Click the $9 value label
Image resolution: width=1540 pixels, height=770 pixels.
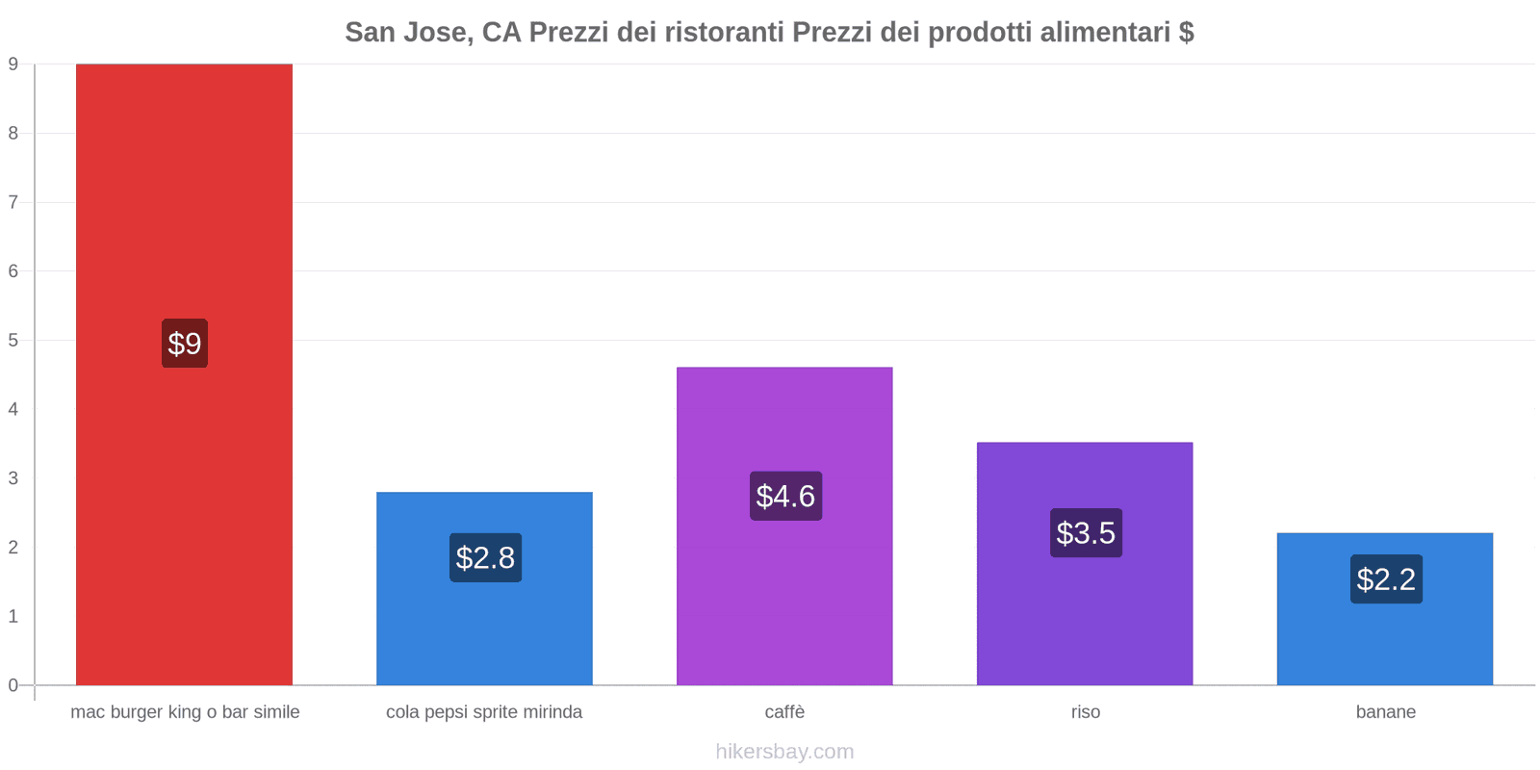click(x=185, y=344)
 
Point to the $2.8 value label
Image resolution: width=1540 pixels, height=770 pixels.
click(x=485, y=557)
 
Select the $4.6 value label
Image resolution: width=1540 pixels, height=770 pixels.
click(x=785, y=496)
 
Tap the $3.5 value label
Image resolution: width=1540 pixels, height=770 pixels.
click(x=1086, y=532)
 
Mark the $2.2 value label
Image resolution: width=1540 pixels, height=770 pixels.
click(x=1386, y=578)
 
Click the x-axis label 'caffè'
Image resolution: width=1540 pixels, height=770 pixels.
click(x=784, y=712)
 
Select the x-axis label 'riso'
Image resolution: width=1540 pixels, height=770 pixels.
click(x=1085, y=712)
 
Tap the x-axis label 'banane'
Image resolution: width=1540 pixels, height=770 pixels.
click(x=1385, y=712)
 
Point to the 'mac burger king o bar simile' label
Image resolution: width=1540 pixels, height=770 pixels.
click(x=185, y=712)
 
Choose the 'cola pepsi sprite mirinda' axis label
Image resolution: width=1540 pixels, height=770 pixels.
click(x=484, y=712)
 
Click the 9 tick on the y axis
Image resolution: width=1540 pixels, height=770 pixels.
click(x=13, y=64)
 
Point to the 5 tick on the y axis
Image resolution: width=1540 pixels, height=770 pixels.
click(x=13, y=341)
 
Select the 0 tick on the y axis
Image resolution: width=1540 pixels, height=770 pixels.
click(x=13, y=685)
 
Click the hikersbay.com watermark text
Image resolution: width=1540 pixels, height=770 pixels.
click(x=784, y=752)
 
